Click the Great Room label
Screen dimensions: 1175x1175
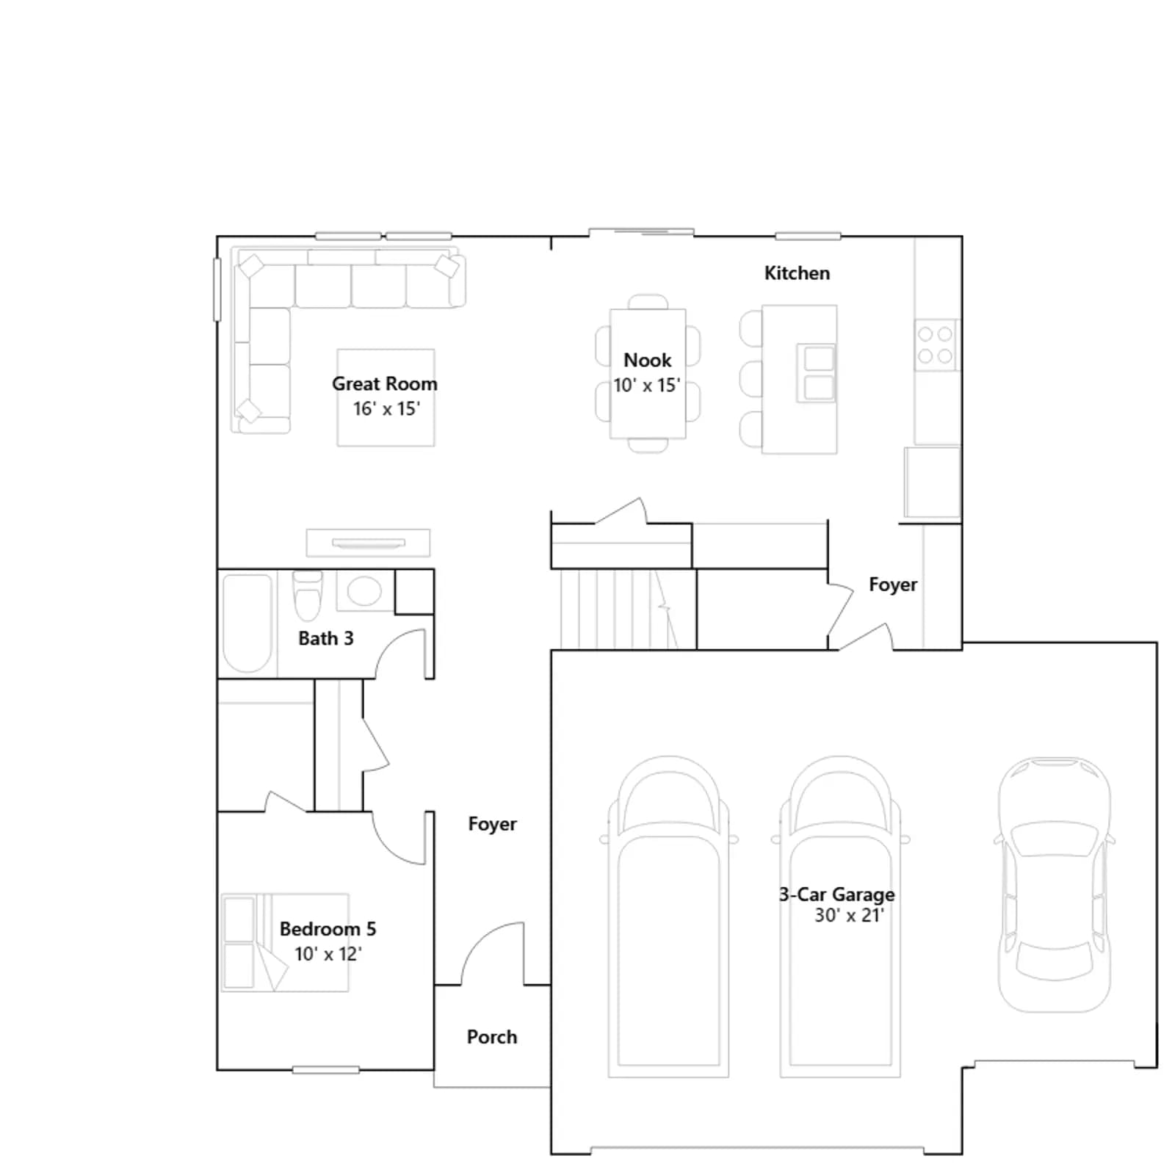(x=384, y=383)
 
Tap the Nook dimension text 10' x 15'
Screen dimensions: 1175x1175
(x=647, y=385)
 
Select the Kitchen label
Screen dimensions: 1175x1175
(x=797, y=273)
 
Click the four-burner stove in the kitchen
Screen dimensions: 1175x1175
(x=936, y=345)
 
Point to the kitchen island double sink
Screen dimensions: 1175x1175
(x=817, y=373)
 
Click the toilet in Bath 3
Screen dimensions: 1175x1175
(x=308, y=595)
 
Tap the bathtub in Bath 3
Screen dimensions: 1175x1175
(x=247, y=623)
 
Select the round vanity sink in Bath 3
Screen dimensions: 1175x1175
(x=364, y=590)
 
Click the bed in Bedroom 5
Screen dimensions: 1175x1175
(x=285, y=942)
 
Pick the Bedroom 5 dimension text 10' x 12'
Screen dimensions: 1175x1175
(x=328, y=954)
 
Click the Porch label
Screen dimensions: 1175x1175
(x=492, y=1037)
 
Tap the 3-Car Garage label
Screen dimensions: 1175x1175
(x=837, y=894)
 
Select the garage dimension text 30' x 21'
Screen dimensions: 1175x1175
(x=849, y=915)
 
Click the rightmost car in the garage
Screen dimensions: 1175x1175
(x=1055, y=884)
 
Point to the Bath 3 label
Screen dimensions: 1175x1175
(x=326, y=638)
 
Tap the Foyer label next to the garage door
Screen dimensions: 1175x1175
(x=893, y=585)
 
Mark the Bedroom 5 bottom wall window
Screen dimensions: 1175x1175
(x=326, y=1070)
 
